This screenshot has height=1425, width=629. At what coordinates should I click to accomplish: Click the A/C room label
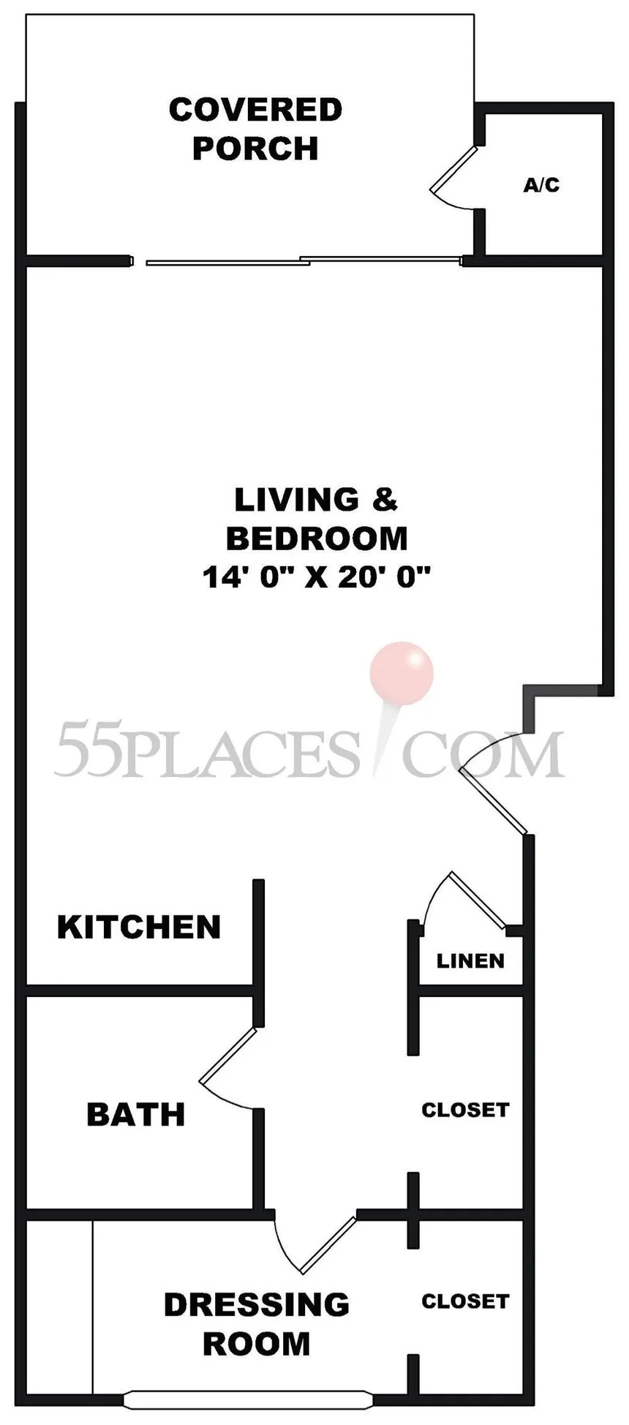tap(541, 185)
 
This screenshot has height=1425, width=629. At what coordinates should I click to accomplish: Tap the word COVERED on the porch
tap(256, 110)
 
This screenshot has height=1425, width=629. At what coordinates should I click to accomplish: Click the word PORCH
tap(255, 148)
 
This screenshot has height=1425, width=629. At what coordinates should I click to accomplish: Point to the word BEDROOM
tap(317, 538)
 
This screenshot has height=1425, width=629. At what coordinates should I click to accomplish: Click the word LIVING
tap(297, 500)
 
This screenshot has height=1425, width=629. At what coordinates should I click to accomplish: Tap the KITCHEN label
tap(139, 927)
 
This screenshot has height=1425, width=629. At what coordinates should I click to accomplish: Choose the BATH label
tap(136, 1114)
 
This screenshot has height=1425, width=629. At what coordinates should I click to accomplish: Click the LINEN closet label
tap(470, 960)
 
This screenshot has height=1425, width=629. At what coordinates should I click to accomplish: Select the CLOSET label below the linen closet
tap(465, 1110)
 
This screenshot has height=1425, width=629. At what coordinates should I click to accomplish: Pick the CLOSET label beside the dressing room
tap(465, 1301)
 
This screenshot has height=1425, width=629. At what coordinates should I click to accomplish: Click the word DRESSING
tap(257, 1304)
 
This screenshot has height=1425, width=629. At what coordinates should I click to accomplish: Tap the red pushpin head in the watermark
tap(402, 673)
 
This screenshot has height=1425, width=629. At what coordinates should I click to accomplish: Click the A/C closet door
tap(453, 170)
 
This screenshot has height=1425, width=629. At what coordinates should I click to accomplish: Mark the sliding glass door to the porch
tap(305, 260)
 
